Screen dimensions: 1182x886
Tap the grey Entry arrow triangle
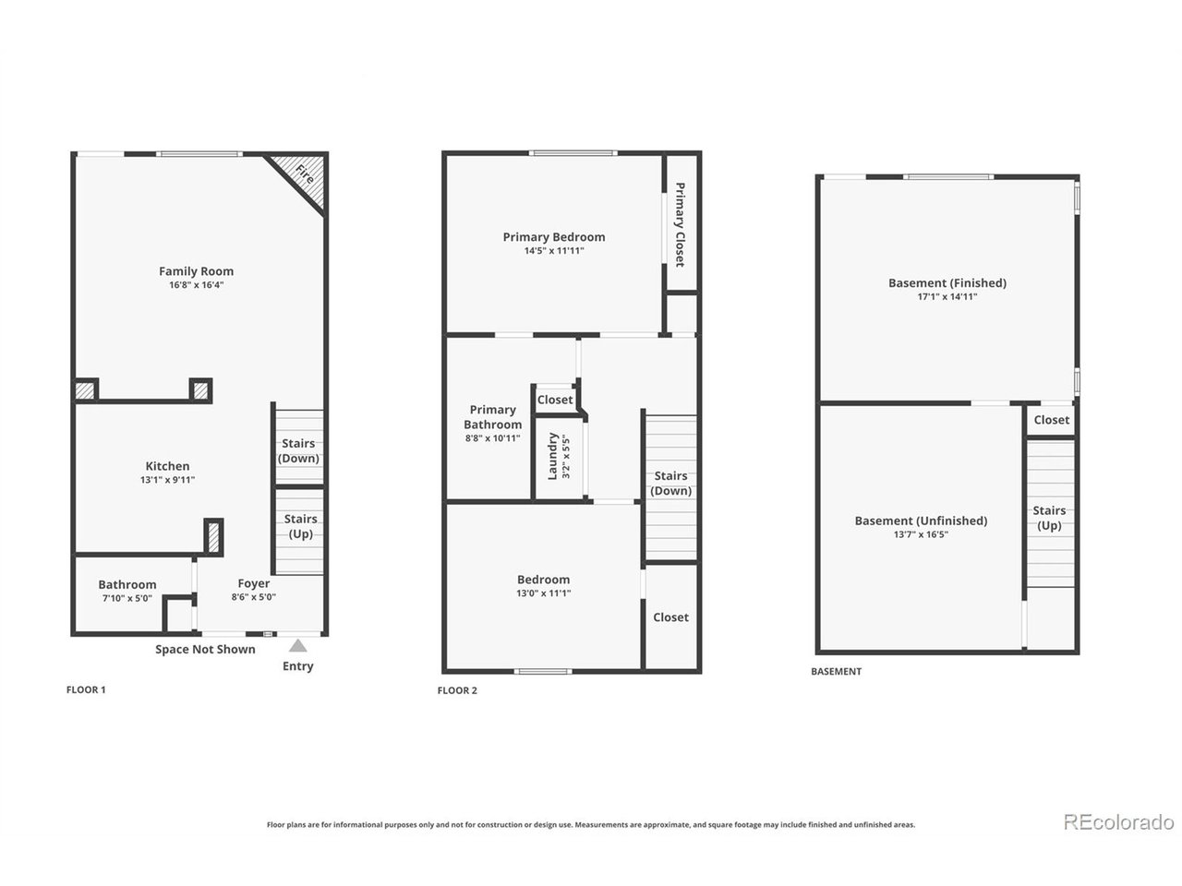(297, 645)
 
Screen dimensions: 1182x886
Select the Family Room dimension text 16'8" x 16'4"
(196, 284)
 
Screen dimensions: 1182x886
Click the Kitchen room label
(167, 466)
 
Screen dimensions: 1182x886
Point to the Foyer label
(254, 583)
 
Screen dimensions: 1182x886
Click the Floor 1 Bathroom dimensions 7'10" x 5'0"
(127, 598)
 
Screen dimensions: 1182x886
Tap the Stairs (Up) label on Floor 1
(300, 526)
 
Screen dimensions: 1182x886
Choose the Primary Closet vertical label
(680, 224)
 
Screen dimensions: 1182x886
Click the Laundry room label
(552, 456)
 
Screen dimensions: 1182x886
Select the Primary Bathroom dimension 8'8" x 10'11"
(493, 437)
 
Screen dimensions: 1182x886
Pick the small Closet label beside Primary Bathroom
(555, 400)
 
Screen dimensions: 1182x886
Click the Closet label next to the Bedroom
(670, 617)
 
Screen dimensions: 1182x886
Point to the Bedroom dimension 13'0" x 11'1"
(543, 593)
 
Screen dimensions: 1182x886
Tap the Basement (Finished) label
(947, 283)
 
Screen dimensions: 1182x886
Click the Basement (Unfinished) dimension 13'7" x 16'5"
(921, 534)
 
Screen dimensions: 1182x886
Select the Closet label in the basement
(1051, 420)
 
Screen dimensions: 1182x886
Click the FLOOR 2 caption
(457, 690)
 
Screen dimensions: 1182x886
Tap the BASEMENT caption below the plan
(837, 671)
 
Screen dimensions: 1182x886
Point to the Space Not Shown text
(205, 650)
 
